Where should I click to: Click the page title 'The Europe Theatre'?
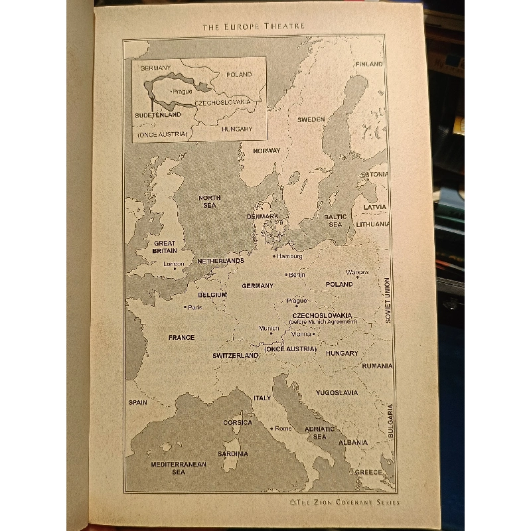coord(254,26)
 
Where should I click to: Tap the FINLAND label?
coord(369,64)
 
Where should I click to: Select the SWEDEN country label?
coord(311,119)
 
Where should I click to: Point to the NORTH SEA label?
coord(210,202)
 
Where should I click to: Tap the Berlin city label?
coord(295,275)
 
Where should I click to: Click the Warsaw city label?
coord(357,272)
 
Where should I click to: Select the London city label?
coord(174,264)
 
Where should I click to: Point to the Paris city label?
coord(194,307)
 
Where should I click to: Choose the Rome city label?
coord(283,428)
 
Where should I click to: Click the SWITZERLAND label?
coord(235,356)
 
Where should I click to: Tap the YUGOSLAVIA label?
coord(337,392)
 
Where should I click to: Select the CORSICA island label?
coord(237,422)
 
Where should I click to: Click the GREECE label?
coord(368,472)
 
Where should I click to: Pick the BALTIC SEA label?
coord(335,220)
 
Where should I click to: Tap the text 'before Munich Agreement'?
coord(323,322)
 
